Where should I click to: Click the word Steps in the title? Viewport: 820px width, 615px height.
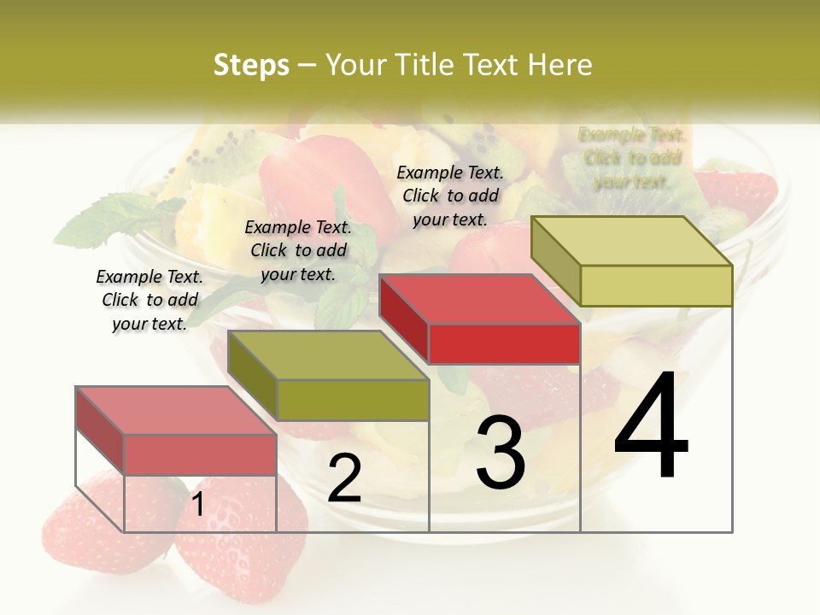pyautogui.click(x=251, y=65)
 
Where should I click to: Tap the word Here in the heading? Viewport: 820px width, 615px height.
pyautogui.click(x=559, y=65)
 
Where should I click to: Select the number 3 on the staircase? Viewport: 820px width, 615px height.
pyautogui.click(x=500, y=453)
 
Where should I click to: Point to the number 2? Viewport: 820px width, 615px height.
pyautogui.click(x=344, y=478)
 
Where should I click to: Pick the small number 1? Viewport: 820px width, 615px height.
pyautogui.click(x=197, y=505)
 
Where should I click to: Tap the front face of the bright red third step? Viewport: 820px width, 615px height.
pyautogui.click(x=504, y=344)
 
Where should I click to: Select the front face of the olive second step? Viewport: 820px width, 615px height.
pyautogui.click(x=353, y=400)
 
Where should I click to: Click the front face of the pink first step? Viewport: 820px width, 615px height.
pyautogui.click(x=200, y=454)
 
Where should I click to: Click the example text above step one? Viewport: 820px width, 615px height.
pyautogui.click(x=149, y=300)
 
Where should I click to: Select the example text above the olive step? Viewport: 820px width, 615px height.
pyautogui.click(x=298, y=250)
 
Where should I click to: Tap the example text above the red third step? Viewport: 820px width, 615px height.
pyautogui.click(x=450, y=196)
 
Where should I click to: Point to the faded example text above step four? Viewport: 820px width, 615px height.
pyautogui.click(x=631, y=158)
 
